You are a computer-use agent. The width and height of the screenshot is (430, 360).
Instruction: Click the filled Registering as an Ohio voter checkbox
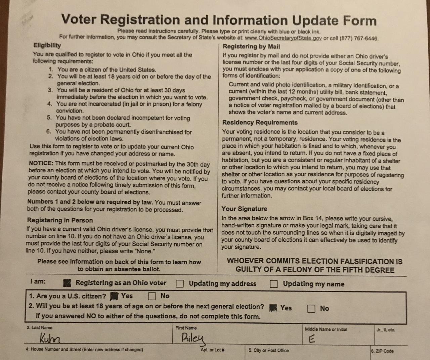point(67,283)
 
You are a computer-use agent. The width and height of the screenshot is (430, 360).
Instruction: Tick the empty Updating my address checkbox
point(180,284)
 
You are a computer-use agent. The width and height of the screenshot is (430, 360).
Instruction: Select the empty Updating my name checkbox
point(274,284)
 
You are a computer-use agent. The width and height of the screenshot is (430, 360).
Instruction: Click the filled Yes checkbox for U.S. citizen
point(115,296)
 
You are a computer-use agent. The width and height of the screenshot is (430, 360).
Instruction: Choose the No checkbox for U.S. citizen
point(152,296)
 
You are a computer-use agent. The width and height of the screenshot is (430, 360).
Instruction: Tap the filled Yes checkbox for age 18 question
point(273,308)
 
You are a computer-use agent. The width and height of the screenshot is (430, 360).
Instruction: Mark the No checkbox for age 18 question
point(311,308)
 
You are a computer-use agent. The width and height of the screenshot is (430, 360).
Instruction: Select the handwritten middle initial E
point(312,339)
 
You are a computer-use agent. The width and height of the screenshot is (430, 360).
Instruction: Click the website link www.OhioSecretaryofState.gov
point(283,38)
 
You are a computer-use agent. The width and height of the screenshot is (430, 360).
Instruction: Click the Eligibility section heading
point(47,45)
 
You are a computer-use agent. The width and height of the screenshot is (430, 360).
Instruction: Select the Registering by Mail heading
point(251,47)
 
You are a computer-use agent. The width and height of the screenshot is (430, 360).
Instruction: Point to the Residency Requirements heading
point(260,123)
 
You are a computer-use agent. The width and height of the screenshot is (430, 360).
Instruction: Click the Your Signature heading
point(244,209)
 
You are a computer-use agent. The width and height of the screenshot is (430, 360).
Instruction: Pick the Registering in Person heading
point(60,220)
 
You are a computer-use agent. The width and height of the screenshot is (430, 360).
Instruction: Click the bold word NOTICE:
point(41,163)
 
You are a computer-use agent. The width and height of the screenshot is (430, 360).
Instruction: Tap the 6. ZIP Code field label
point(382,351)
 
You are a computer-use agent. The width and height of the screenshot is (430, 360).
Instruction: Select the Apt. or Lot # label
point(212,350)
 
